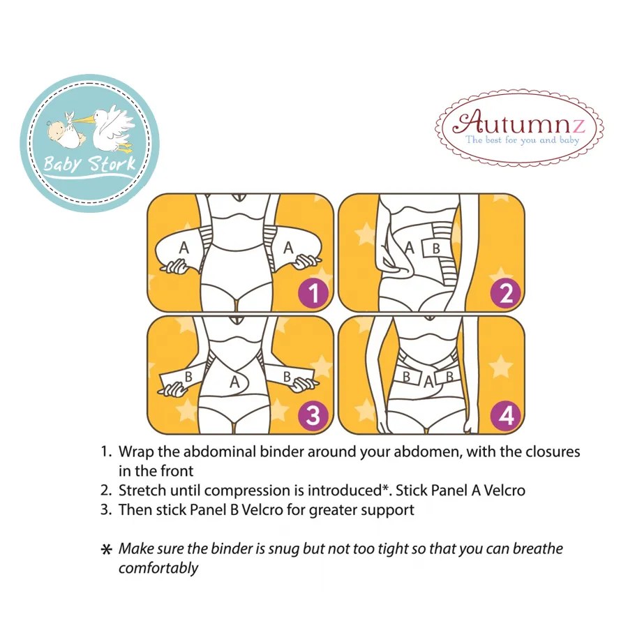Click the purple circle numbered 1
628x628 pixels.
click(313, 292)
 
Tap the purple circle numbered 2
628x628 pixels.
click(506, 292)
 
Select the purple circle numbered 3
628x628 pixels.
click(313, 416)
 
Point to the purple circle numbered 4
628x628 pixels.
click(506, 416)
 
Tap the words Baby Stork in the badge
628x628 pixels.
click(89, 165)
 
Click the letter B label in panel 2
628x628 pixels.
click(435, 247)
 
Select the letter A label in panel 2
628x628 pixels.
click(410, 247)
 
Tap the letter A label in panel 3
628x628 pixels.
click(235, 382)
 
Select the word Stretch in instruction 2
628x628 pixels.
click(142, 491)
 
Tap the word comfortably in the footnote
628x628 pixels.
click(158, 567)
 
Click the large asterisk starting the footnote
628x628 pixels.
click(107, 550)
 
